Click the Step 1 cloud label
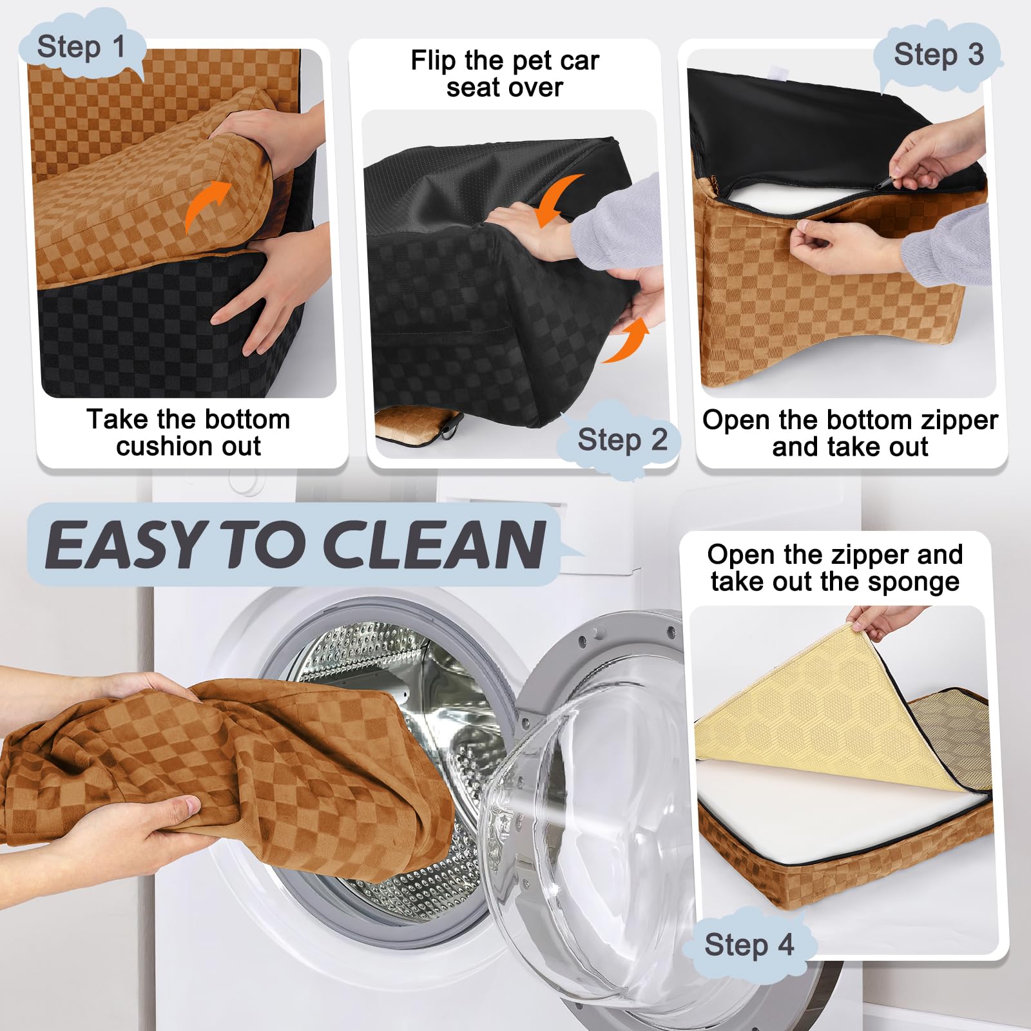click(x=81, y=46)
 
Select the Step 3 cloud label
click(x=938, y=54)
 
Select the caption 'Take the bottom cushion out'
click(x=188, y=432)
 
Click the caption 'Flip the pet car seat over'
click(x=505, y=73)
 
